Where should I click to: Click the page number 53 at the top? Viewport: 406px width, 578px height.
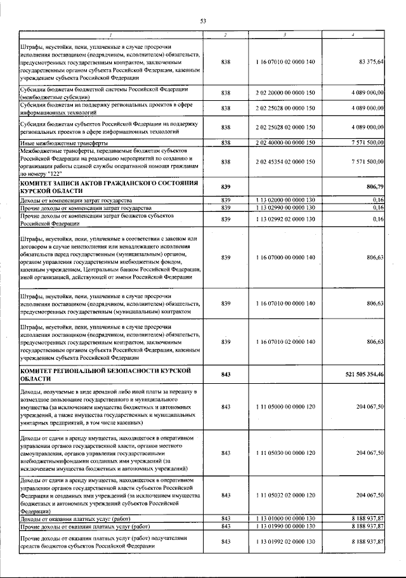click(x=203, y=21)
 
